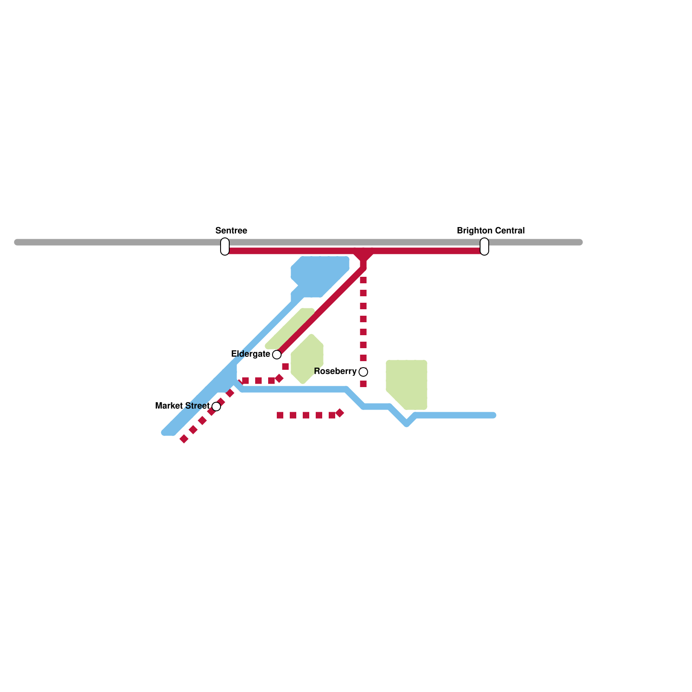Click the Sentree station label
point(231,231)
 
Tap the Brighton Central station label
point(490,231)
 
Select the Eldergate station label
point(250,354)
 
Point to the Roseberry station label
point(335,372)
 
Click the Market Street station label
point(182,406)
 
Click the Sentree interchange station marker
point(225,247)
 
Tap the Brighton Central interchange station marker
point(484,247)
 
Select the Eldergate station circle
point(277,355)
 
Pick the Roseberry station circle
point(363,372)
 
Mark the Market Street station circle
point(216,407)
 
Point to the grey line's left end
point(17,242)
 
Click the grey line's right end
point(580,242)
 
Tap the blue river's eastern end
point(493,415)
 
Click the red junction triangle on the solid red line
point(363,256)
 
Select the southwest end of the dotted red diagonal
point(184,439)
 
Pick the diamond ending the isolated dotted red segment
point(340,413)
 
